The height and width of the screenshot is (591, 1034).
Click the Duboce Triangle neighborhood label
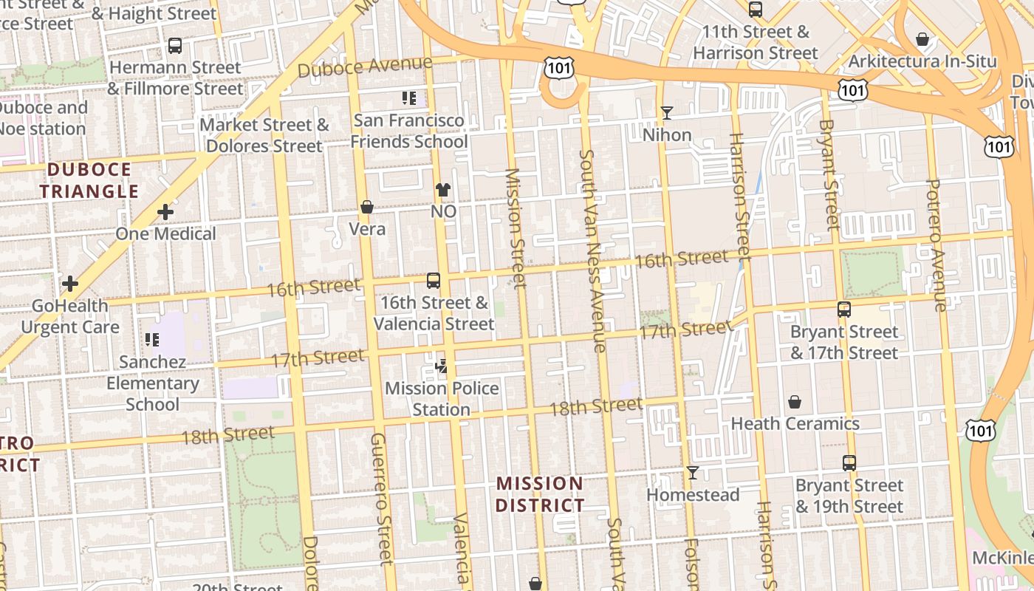pyautogui.click(x=89, y=180)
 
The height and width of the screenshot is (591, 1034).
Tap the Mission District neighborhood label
pyautogui.click(x=539, y=494)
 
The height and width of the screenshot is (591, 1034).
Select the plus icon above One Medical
pyautogui.click(x=165, y=213)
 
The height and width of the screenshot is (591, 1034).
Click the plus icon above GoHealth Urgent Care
pyautogui.click(x=70, y=284)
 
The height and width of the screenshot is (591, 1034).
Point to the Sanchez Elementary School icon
pyautogui.click(x=152, y=340)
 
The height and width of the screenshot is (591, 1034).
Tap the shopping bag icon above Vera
pyautogui.click(x=366, y=207)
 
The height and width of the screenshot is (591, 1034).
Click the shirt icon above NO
pyautogui.click(x=442, y=190)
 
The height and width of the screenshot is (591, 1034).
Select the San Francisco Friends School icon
pyautogui.click(x=409, y=98)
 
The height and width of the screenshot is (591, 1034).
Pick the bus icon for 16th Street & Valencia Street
pyautogui.click(x=434, y=281)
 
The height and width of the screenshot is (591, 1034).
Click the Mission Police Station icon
pyautogui.click(x=442, y=366)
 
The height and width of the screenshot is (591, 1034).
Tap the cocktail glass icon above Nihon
pyautogui.click(x=667, y=113)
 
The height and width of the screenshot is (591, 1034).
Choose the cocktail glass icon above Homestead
pyautogui.click(x=692, y=473)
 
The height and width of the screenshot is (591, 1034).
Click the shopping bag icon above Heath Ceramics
pyautogui.click(x=795, y=402)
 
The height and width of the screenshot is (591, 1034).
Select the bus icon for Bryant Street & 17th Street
pyautogui.click(x=844, y=310)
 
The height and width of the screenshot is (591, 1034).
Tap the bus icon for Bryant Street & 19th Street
pyautogui.click(x=849, y=463)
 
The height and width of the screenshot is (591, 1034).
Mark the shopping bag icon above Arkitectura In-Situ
pyautogui.click(x=922, y=39)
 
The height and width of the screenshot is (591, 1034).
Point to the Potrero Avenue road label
pyautogui.click(x=935, y=245)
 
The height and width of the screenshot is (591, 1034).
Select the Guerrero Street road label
pyautogui.click(x=380, y=499)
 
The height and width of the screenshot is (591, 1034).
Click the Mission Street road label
pyautogui.click(x=515, y=228)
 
